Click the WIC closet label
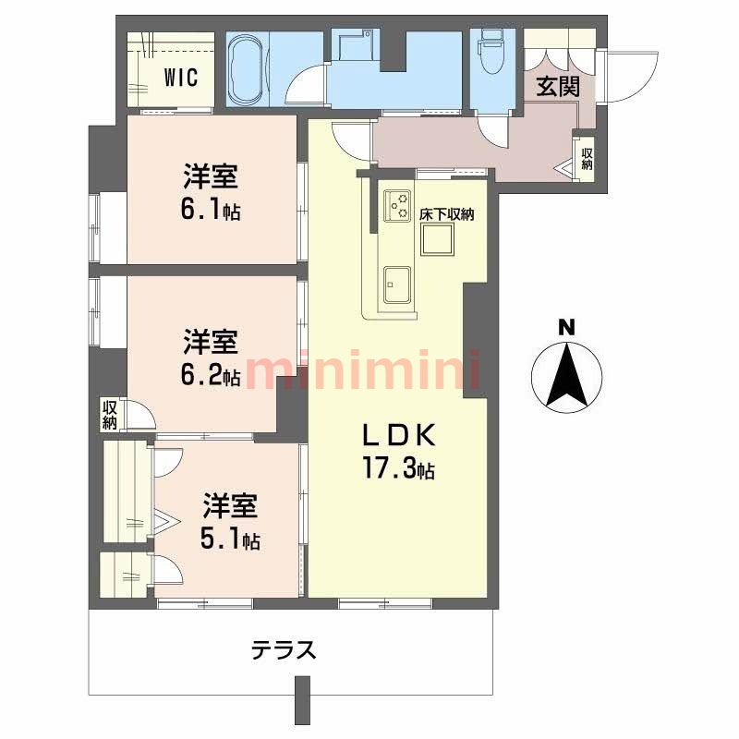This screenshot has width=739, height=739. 181,78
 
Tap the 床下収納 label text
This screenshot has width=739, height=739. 446,214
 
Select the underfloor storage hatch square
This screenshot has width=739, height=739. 436,239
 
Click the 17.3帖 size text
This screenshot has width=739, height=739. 397,470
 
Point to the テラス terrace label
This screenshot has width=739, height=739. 284,650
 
